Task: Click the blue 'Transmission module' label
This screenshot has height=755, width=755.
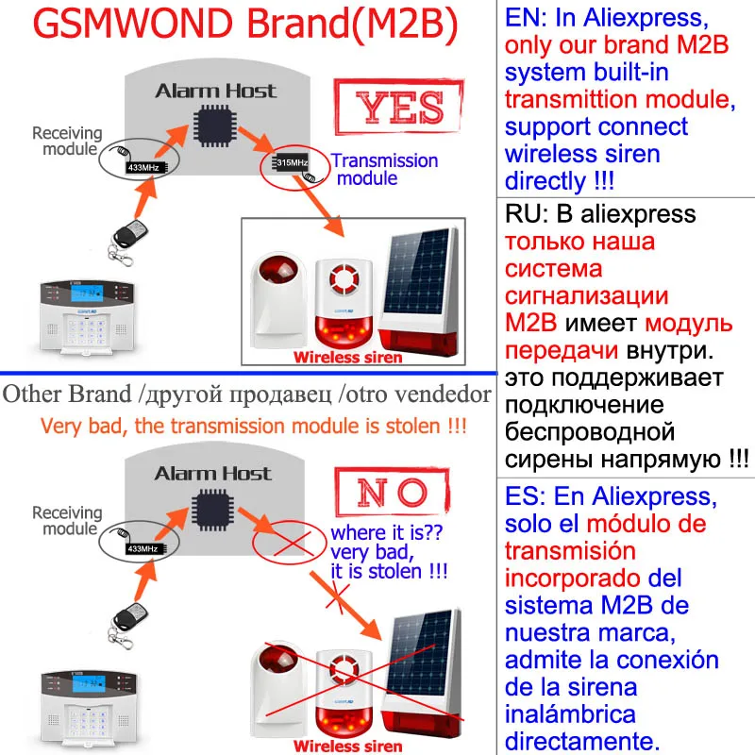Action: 382,170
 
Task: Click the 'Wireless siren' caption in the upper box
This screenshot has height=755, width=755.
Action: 346,358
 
